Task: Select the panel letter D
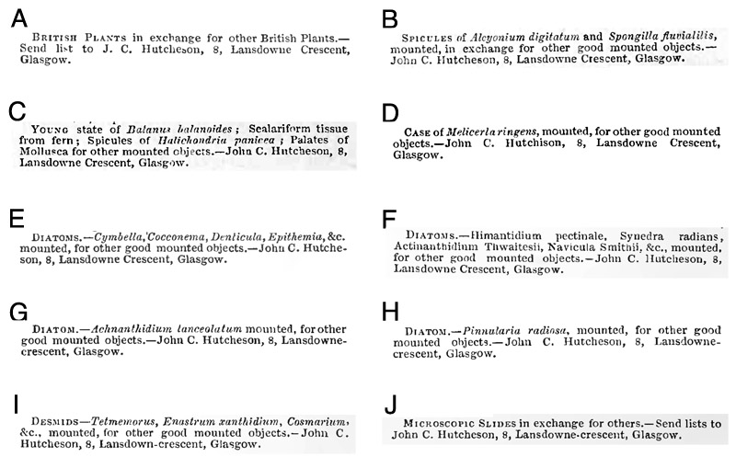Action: pyautogui.click(x=390, y=113)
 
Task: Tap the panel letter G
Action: pyautogui.click(x=19, y=312)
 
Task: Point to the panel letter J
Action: pyautogui.click(x=389, y=406)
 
